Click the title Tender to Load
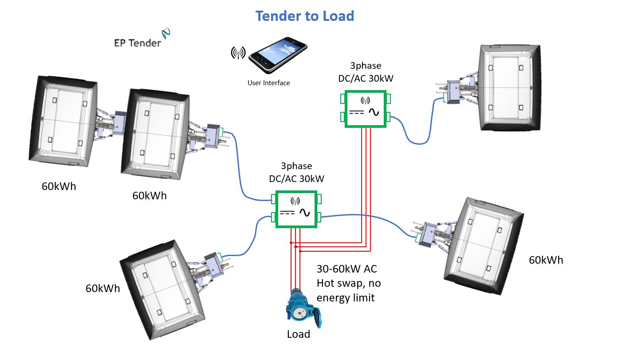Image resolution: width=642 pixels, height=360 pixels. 304,16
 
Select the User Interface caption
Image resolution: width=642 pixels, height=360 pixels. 268,83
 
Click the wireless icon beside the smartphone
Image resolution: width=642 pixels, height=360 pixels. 238,53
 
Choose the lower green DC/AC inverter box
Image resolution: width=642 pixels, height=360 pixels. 296,209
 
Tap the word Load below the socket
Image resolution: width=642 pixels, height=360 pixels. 298,334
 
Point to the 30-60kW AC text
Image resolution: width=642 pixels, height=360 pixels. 347,269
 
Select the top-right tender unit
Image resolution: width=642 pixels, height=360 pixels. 510,88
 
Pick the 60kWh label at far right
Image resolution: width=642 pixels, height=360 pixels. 545,260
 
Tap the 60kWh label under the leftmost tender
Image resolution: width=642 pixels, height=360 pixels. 59,186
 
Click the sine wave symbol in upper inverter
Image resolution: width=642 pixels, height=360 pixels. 374,112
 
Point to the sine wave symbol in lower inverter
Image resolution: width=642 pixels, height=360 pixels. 305,213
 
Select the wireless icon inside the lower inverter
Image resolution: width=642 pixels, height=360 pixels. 296,200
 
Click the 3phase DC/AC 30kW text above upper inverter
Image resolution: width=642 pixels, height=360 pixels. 365,72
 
